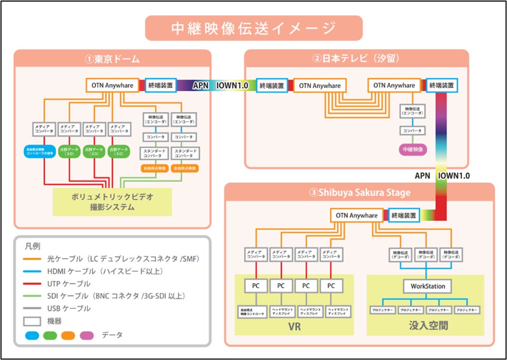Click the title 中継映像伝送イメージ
pyautogui.click(x=253, y=28)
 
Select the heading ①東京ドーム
pyautogui.click(x=112, y=59)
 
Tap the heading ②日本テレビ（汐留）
pyautogui.click(x=356, y=59)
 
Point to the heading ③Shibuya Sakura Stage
pyautogui.click(x=359, y=192)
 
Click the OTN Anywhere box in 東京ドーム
pyautogui.click(x=112, y=85)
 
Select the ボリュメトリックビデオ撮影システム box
pyautogui.click(x=112, y=201)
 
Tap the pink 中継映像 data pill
pyautogui.click(x=411, y=150)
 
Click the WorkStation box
pyautogui.click(x=428, y=286)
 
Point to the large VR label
pyautogui.click(x=294, y=327)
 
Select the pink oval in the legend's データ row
pyautogui.click(x=87, y=335)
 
